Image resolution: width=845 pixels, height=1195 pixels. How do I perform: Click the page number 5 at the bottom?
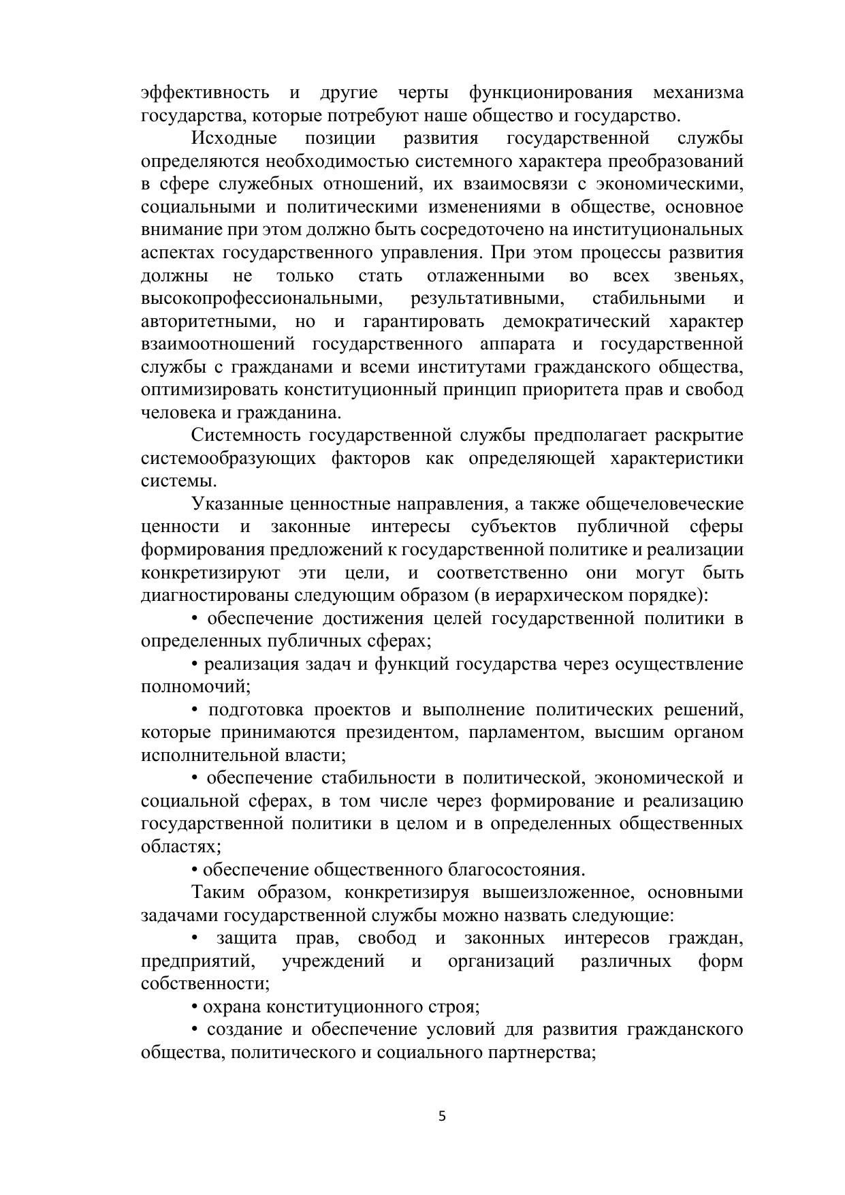442,1116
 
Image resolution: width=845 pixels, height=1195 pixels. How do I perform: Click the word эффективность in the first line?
204,93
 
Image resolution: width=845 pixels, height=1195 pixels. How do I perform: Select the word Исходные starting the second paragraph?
234,138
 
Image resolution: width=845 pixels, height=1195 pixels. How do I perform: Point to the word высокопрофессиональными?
261,298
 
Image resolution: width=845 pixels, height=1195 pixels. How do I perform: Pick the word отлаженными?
485,276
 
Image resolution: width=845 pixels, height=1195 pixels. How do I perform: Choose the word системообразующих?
228,459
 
